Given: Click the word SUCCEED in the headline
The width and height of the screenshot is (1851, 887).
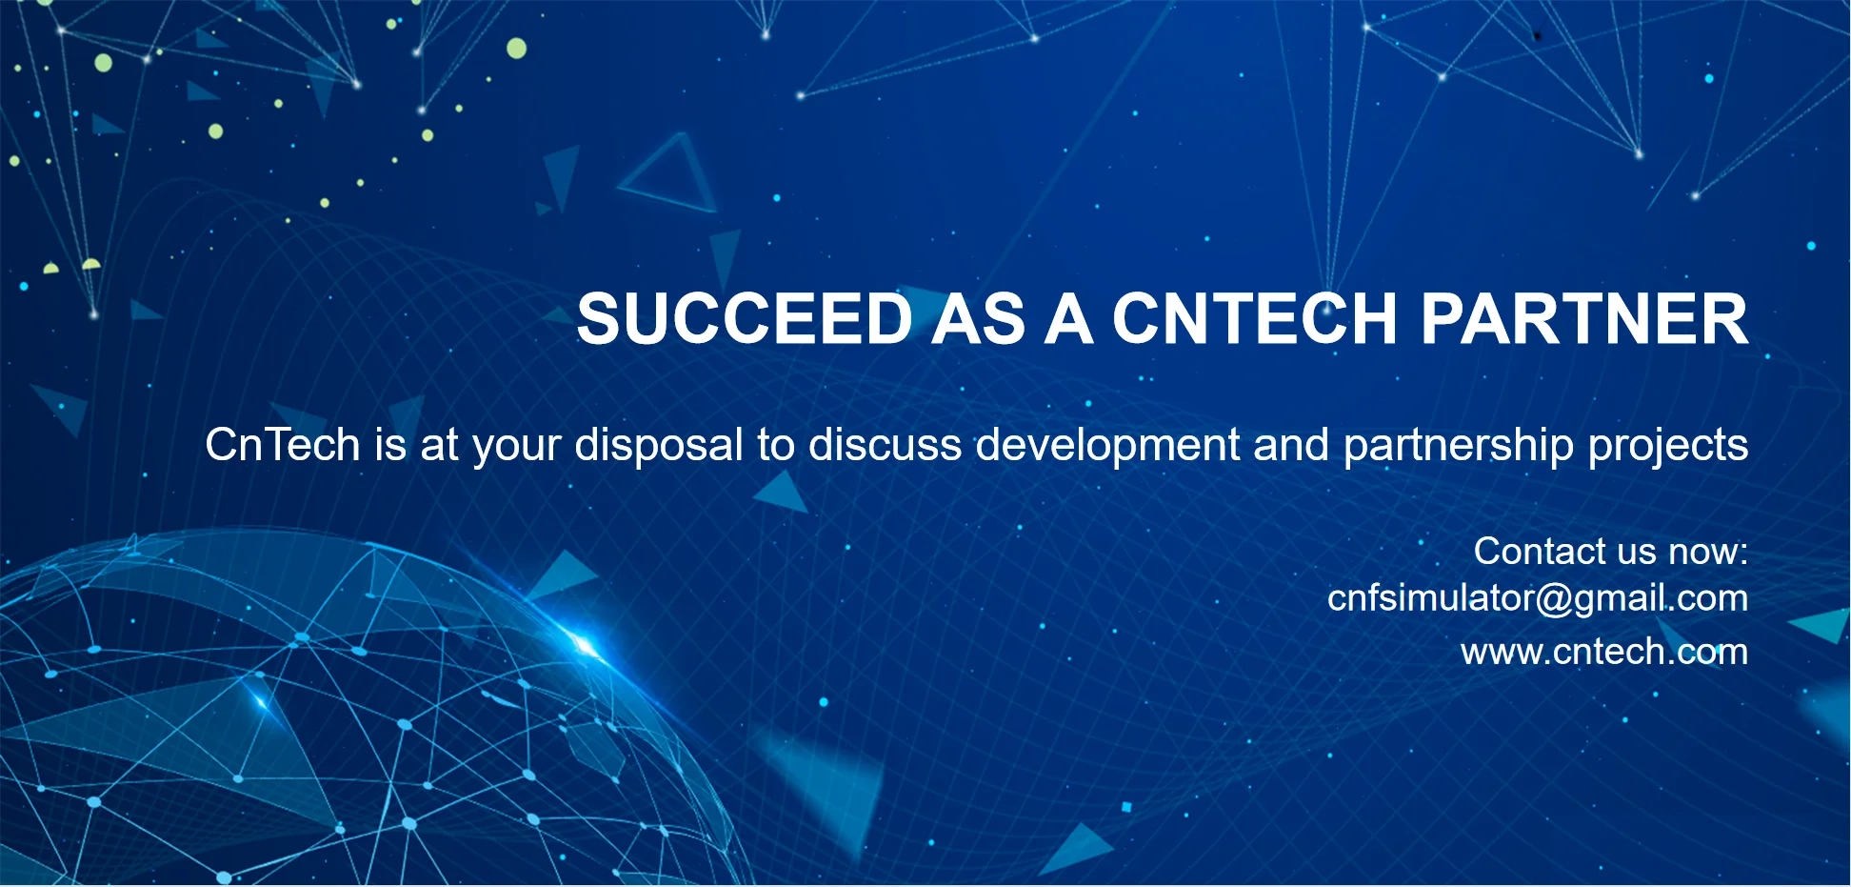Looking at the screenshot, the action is point(745,318).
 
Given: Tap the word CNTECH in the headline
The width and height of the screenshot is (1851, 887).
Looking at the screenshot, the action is point(1254,318).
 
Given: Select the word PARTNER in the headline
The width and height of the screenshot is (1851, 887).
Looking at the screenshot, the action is point(1584,318).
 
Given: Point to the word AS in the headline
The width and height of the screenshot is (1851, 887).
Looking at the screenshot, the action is point(978,318).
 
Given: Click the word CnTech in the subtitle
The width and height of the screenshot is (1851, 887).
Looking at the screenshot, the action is point(283,445).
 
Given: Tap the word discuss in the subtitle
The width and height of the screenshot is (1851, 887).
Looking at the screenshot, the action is point(886,445).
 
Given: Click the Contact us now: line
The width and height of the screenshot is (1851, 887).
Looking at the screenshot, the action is point(1611,551).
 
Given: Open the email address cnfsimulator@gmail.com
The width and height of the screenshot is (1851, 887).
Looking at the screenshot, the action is point(1538,598).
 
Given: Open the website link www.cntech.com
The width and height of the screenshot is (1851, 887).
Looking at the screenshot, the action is point(1604,652).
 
